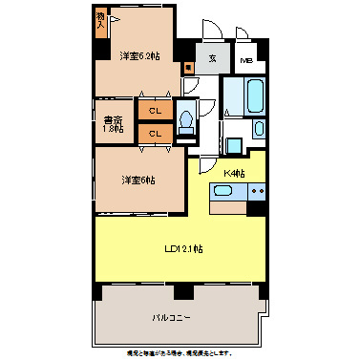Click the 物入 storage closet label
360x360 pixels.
click(101, 21)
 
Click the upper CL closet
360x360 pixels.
click(154, 111)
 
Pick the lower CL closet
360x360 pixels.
click(154, 133)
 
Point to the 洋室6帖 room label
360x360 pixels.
click(138, 179)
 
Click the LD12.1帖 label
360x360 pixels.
click(183, 249)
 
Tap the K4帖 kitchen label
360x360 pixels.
click(234, 173)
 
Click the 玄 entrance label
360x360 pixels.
click(213, 58)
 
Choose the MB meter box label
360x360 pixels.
click(246, 60)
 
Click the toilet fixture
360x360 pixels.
click(187, 118)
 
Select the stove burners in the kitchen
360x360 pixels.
click(256, 191)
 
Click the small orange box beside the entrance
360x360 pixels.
click(189, 68)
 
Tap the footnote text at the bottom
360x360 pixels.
click(179, 352)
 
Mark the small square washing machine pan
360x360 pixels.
click(233, 146)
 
